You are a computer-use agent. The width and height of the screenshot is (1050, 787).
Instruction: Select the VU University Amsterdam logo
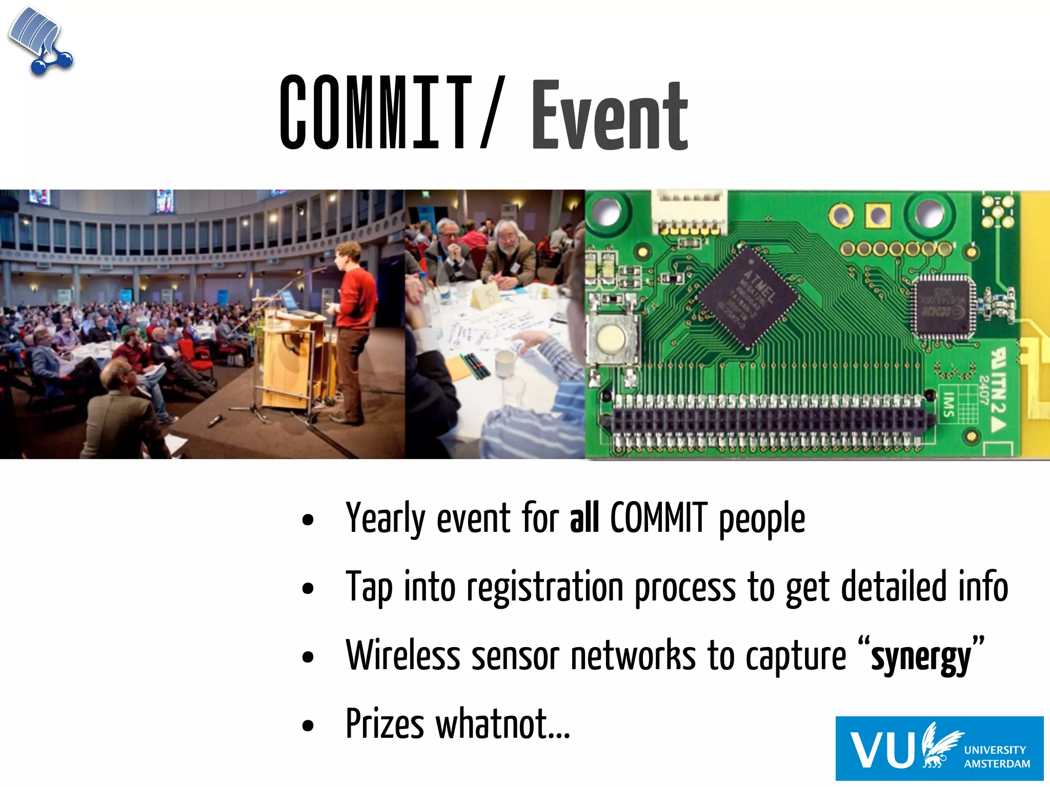[x=939, y=748]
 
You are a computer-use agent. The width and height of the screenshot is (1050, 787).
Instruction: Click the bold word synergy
[x=921, y=658]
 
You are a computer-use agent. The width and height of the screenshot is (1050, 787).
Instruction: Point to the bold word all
[x=584, y=519]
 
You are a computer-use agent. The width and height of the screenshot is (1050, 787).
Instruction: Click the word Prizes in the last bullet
[x=385, y=723]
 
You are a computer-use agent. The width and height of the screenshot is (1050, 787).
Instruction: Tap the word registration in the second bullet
[x=544, y=587]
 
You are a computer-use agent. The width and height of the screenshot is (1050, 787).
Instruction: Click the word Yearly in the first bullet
[x=385, y=519]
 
